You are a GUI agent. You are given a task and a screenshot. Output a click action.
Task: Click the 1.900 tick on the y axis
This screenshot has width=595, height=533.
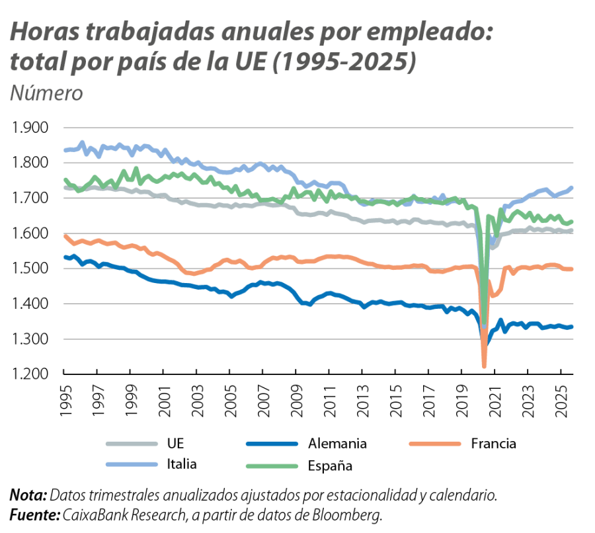pos(30,128)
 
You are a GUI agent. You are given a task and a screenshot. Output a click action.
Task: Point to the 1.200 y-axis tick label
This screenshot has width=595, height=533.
pos(30,375)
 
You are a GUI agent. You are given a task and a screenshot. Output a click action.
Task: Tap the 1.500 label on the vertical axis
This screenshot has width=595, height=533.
pos(30,269)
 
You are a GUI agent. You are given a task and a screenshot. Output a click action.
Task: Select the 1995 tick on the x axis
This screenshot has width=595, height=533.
pos(64,399)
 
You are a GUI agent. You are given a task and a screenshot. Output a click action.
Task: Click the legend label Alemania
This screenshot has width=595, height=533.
pos(337,443)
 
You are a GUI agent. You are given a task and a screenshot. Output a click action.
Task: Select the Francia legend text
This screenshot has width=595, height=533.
pos(493,443)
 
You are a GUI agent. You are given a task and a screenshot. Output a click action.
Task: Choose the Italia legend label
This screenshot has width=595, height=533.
pos(179,464)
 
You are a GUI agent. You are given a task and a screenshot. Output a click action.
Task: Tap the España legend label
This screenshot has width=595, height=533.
pos(330,466)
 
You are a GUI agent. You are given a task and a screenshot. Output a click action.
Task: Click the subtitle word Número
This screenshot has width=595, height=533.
pos(46,93)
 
